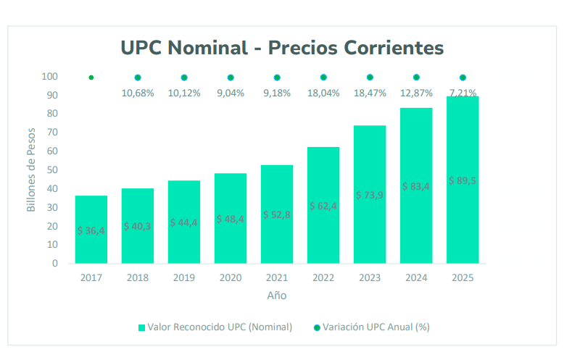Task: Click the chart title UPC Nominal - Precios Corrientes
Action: point(281,48)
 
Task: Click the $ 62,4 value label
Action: point(323,206)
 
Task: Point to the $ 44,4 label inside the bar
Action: point(184,222)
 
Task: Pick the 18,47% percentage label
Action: point(370,93)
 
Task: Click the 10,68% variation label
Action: point(138,93)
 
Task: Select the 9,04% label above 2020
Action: point(231,93)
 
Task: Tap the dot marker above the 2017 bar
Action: point(91,78)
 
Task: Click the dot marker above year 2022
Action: point(323,78)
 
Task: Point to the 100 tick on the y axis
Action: point(50,77)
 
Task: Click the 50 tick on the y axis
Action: point(53,170)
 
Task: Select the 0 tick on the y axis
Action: point(55,264)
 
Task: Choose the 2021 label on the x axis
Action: point(277,277)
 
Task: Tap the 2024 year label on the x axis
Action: point(416,277)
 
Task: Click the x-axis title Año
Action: point(276,296)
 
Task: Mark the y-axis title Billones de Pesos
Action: point(31,170)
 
